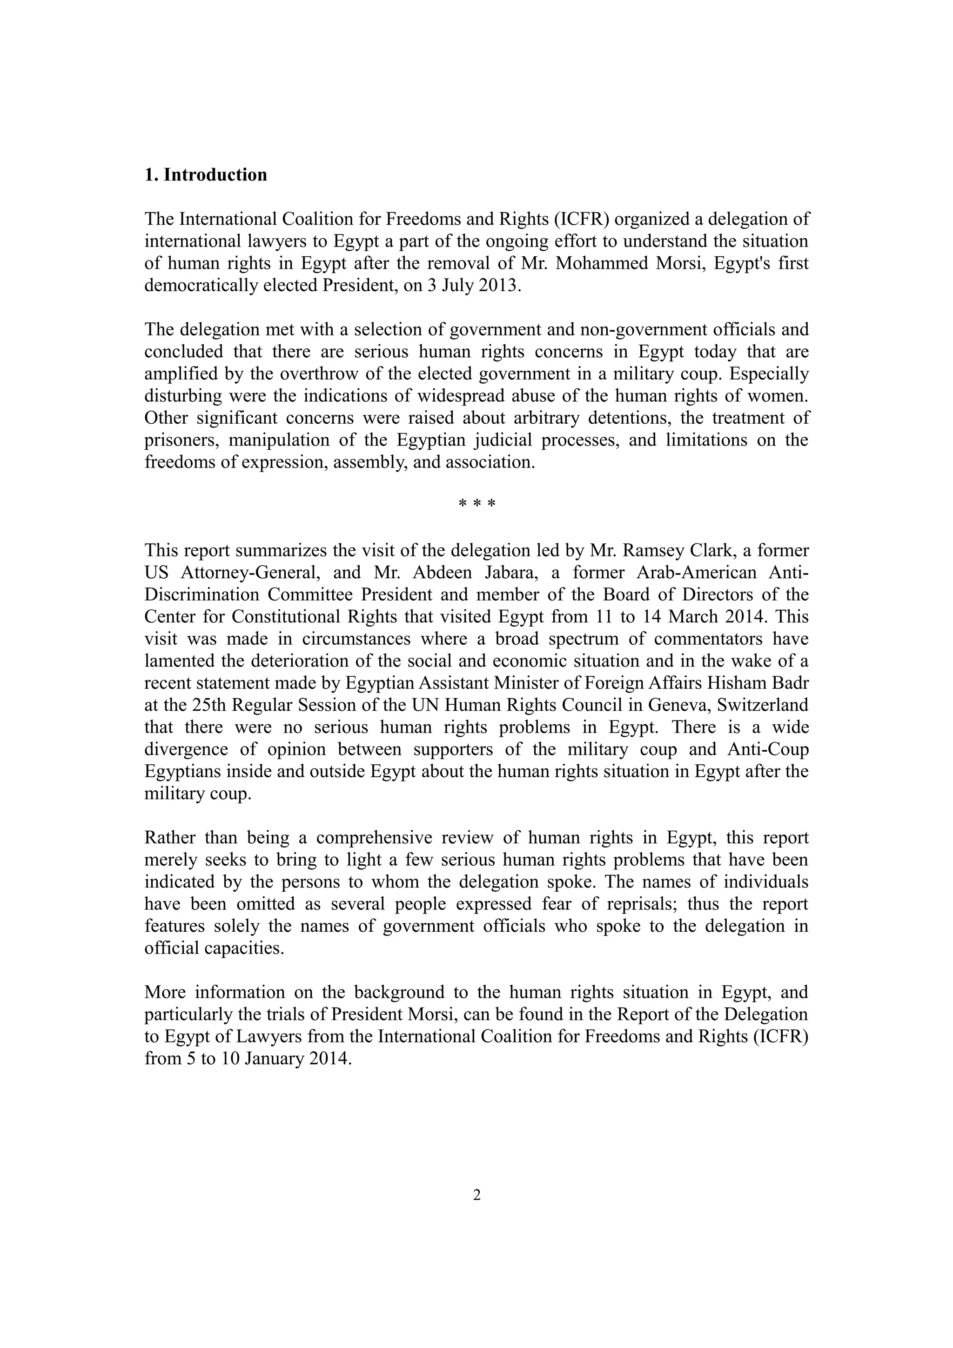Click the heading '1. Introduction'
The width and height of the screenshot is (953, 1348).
pyautogui.click(x=206, y=175)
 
